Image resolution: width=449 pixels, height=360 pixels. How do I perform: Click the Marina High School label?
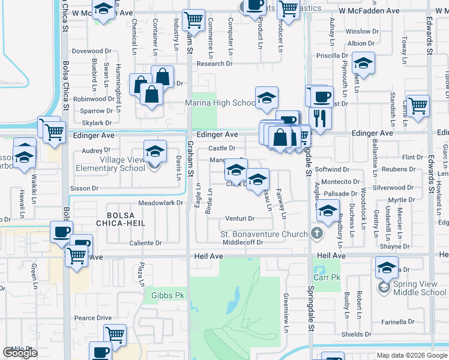pyautogui.click(x=221, y=103)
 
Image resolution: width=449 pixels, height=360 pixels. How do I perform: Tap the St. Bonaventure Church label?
pyautogui.click(x=264, y=233)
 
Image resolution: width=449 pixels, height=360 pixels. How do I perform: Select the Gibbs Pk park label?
pyautogui.click(x=167, y=295)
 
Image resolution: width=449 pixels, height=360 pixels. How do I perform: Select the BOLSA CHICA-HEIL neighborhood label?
pyautogui.click(x=126, y=218)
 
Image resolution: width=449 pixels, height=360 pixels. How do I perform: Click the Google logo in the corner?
pyautogui.click(x=20, y=353)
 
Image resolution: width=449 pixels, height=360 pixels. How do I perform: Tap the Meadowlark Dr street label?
pyautogui.click(x=160, y=203)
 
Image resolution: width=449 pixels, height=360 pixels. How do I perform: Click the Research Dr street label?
pyautogui.click(x=214, y=64)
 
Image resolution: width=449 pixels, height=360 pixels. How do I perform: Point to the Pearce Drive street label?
pyautogui.click(x=93, y=317)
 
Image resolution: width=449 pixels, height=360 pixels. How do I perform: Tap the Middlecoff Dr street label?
pyautogui.click(x=243, y=242)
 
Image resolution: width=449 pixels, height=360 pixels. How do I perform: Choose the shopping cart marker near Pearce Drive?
pyautogui.click(x=114, y=334)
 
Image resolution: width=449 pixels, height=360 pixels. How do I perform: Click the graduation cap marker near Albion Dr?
pyautogui.click(x=363, y=62)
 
